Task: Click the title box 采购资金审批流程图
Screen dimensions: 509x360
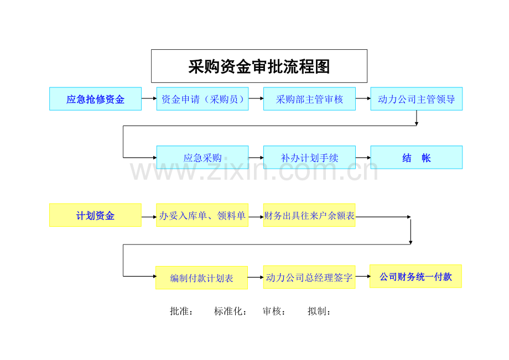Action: point(259,66)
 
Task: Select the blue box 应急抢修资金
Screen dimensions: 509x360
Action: point(95,99)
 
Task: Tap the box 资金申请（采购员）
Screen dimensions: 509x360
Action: point(202,99)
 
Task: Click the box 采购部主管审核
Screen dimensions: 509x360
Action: point(309,99)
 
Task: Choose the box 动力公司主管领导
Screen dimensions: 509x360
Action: point(417,99)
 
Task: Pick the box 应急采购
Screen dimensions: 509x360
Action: point(202,157)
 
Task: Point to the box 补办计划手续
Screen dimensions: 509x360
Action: point(309,157)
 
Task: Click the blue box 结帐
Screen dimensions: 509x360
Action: point(417,157)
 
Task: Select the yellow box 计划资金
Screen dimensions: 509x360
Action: point(95,215)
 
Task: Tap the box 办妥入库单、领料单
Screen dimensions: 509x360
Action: point(202,215)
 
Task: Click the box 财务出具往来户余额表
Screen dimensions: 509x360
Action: point(309,215)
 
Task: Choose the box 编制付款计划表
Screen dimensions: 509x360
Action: point(201,278)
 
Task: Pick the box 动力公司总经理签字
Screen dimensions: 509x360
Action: point(309,277)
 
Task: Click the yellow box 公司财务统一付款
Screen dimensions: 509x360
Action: point(416,276)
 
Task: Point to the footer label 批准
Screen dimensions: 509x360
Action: point(181,311)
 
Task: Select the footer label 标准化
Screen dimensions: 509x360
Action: point(230,311)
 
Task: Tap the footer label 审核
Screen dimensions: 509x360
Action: point(274,311)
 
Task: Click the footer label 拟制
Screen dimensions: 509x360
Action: point(319,311)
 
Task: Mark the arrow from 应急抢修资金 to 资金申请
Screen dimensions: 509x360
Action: point(149,98)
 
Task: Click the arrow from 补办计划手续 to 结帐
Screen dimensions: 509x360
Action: point(363,158)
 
